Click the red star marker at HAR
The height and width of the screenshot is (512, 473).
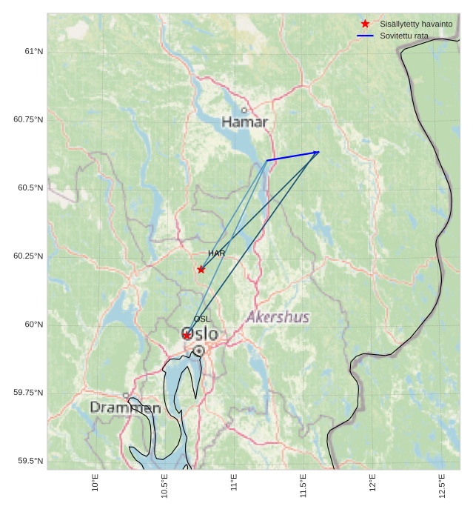[x=201, y=269]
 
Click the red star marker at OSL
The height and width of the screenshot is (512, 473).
[x=187, y=335]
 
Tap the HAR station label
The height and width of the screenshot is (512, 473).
[x=216, y=253]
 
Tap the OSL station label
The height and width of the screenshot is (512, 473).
[x=202, y=319]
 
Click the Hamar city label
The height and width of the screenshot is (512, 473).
[x=244, y=122]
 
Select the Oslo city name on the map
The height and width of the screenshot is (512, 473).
[x=201, y=334]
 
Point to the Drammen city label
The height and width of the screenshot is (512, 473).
[x=125, y=408]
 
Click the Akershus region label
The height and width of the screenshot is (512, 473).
[x=278, y=317]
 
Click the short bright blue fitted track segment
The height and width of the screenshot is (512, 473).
[x=292, y=156]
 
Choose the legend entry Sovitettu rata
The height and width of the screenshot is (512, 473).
[x=403, y=36]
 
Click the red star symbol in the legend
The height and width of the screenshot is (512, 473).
[x=365, y=24]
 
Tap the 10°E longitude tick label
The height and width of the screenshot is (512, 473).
[x=95, y=482]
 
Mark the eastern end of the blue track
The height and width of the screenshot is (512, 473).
[x=319, y=152]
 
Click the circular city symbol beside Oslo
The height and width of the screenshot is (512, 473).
[x=198, y=350]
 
